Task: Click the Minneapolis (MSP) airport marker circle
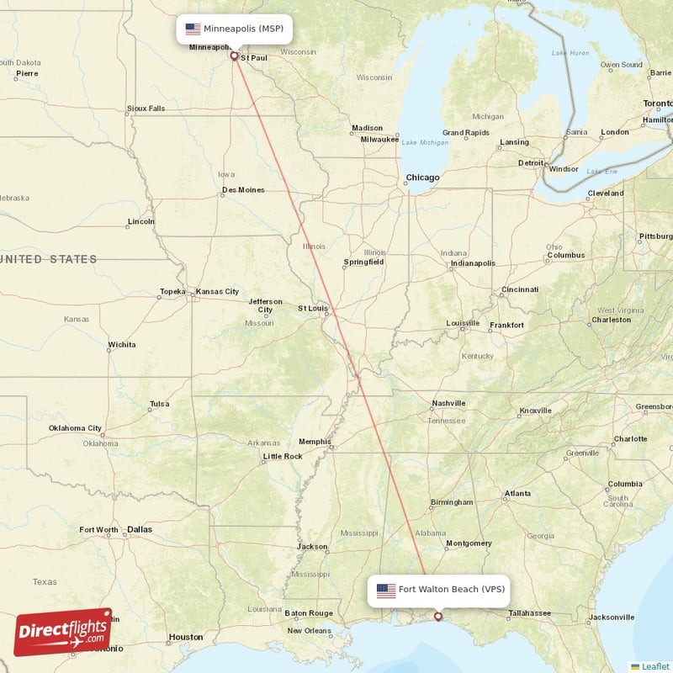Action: [x=234, y=57]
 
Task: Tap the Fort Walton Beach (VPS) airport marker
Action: [x=437, y=617]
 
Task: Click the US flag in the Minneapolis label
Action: [x=193, y=29]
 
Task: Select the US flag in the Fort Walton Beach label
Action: [x=386, y=590]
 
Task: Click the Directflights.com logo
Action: [x=63, y=632]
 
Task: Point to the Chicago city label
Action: [x=422, y=178]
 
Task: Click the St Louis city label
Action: [x=313, y=308]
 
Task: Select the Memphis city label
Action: [x=315, y=442]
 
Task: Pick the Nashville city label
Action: [x=448, y=404]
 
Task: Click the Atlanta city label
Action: [x=517, y=493]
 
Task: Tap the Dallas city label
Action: [x=140, y=529]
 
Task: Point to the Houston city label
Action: [x=186, y=637]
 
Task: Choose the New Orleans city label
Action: [x=309, y=631]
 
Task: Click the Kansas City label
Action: [x=217, y=291]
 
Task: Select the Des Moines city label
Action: [x=243, y=190]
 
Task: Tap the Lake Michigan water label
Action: [x=425, y=142]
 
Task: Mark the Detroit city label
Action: [x=531, y=162]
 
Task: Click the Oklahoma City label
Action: [x=75, y=428]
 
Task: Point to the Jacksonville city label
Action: [x=612, y=617]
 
